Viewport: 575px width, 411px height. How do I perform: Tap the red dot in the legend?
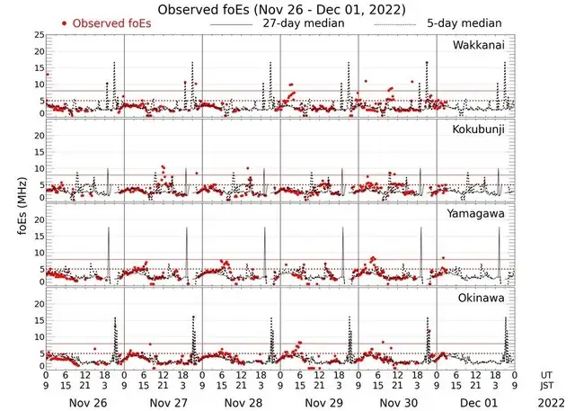[65, 22]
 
